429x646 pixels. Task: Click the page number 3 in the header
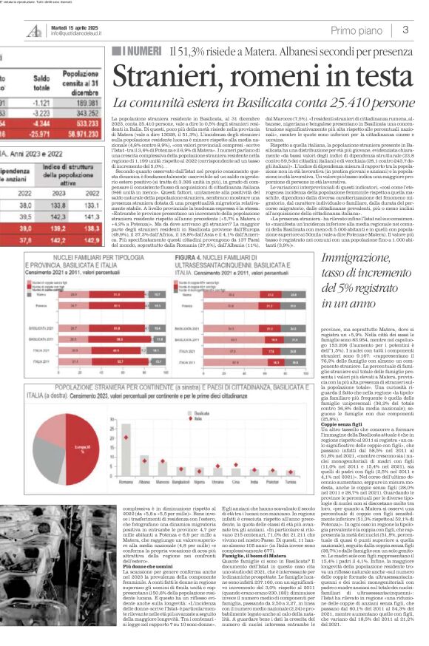tap(406, 29)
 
